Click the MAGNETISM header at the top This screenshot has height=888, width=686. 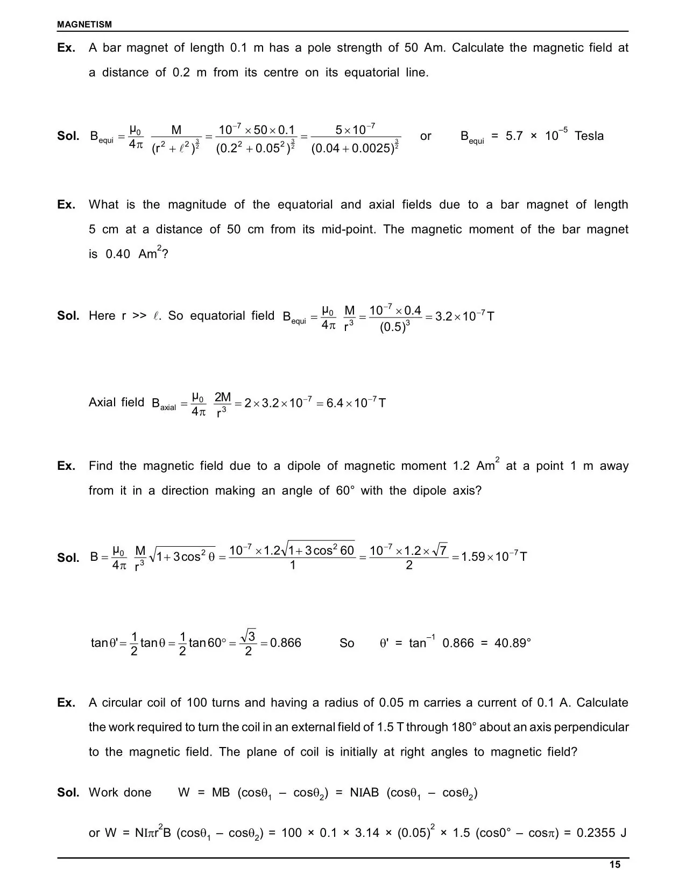[84, 24]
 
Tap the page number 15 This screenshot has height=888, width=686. [615, 865]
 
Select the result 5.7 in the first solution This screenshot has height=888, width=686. [514, 136]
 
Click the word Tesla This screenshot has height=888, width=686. [589, 136]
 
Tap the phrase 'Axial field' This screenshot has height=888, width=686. [116, 403]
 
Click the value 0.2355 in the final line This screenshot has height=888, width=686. [596, 833]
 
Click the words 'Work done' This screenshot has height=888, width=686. [120, 793]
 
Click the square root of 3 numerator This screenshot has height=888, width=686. [248, 635]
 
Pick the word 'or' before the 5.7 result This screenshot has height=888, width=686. [426, 136]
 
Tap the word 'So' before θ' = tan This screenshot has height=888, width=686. [347, 643]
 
